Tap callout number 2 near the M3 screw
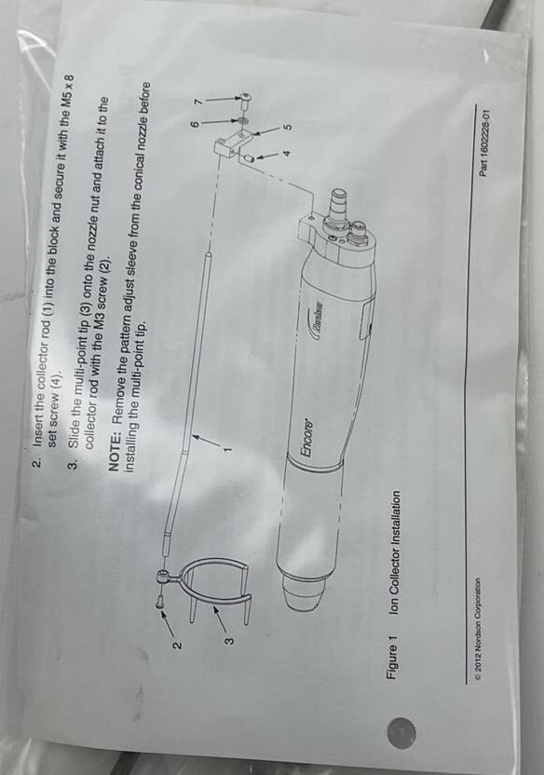pyautogui.click(x=177, y=645)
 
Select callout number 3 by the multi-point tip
pyautogui.click(x=229, y=641)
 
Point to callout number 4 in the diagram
pyautogui.click(x=286, y=153)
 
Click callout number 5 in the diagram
pyautogui.click(x=286, y=125)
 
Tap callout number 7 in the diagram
pyautogui.click(x=198, y=101)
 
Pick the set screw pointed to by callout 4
pyautogui.click(x=249, y=158)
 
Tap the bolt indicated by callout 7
pyautogui.click(x=245, y=99)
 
